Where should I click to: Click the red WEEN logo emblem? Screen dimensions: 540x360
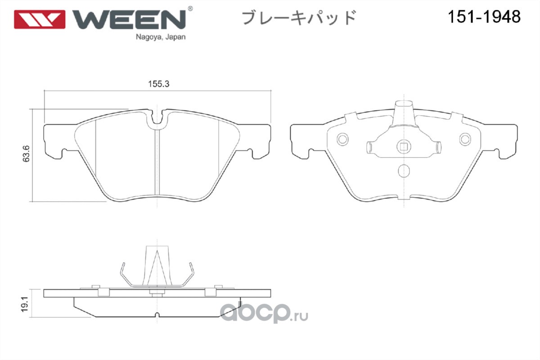pyautogui.click(x=40, y=19)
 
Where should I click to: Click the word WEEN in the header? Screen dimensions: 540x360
pyautogui.click(x=129, y=19)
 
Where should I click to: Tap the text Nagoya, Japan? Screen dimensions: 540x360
pyautogui.click(x=161, y=37)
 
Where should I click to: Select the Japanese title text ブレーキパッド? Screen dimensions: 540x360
pyautogui.click(x=299, y=18)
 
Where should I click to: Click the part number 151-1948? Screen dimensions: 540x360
pyautogui.click(x=484, y=17)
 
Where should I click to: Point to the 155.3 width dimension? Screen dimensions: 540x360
pyautogui.click(x=158, y=84)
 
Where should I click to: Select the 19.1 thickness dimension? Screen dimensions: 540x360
pyautogui.click(x=25, y=304)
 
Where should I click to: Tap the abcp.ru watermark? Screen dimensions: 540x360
pyautogui.click(x=264, y=312)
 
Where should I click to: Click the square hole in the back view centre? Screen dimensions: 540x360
pyautogui.click(x=404, y=147)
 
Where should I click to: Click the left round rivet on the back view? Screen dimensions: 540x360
pyautogui.click(x=342, y=139)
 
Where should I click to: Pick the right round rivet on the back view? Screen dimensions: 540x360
pyautogui.click(x=465, y=139)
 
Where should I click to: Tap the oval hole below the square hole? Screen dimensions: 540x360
pyautogui.click(x=404, y=171)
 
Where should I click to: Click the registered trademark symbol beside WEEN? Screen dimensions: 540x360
pyautogui.click(x=190, y=9)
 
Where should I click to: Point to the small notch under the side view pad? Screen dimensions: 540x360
pyautogui.click(x=157, y=315)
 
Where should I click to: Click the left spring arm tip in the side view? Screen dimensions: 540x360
pyautogui.click(x=123, y=264)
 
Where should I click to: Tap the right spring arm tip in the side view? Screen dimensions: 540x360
pyautogui.click(x=191, y=264)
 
